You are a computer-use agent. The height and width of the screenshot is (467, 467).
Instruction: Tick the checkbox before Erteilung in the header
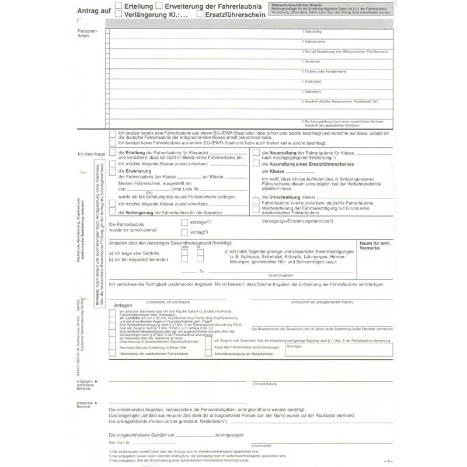click(119, 6)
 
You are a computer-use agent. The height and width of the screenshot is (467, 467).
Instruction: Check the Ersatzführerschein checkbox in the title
click(200, 15)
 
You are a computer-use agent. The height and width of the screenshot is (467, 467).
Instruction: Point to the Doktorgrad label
click(313, 81)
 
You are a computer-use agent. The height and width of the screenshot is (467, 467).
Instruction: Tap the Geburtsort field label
click(313, 91)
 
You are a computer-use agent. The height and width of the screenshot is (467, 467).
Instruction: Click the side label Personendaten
click(88, 33)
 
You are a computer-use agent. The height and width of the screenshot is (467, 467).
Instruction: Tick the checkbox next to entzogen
click(184, 222)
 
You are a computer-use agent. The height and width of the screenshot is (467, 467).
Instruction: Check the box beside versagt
click(184, 232)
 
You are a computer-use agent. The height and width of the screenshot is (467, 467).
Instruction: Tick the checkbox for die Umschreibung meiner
click(256, 198)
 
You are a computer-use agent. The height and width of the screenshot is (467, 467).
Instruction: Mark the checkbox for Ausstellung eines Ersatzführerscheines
click(256, 164)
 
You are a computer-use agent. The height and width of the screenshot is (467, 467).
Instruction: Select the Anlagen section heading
click(124, 305)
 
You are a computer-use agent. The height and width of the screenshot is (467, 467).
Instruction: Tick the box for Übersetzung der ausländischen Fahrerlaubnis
click(112, 353)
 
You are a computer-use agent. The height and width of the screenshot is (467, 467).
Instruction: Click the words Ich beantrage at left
click(92, 154)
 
